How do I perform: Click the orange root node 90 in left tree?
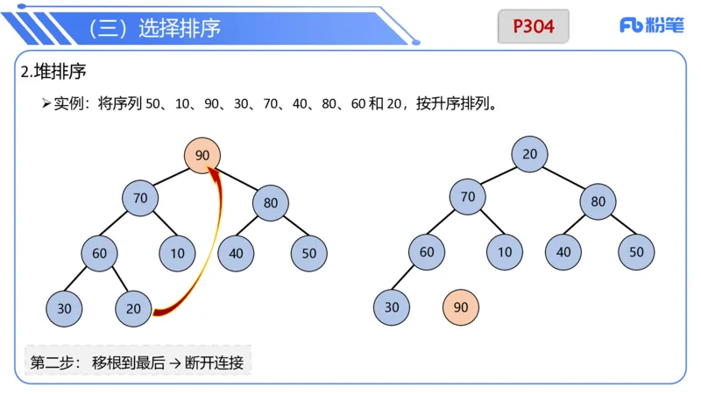[x=202, y=156]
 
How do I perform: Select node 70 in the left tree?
[x=140, y=198]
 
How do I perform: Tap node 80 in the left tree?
[x=271, y=203]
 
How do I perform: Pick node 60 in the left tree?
[x=99, y=253]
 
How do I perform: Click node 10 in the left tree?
[x=178, y=253]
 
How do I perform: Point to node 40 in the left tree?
[x=236, y=253]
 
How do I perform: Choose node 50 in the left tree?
[x=309, y=253]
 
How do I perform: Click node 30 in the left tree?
[x=64, y=307]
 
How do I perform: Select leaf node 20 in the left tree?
[x=133, y=307]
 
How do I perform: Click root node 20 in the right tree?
[x=529, y=154]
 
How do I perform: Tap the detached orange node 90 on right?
[x=461, y=307]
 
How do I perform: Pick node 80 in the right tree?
[x=598, y=201]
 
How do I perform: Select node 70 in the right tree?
[x=468, y=197]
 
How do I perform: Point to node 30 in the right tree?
[x=391, y=307]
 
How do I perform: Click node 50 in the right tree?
[x=636, y=252]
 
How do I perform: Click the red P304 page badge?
[x=534, y=26]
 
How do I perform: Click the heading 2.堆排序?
[x=53, y=71]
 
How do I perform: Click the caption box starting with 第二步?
[x=137, y=362]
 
